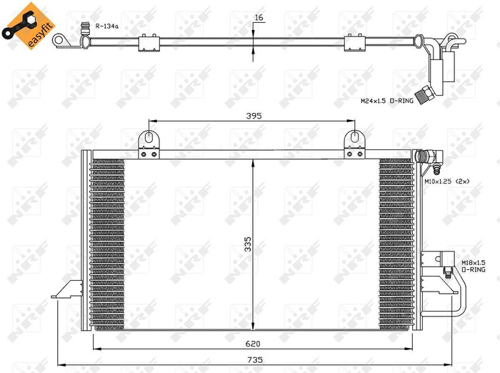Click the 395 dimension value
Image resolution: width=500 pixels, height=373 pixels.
(254, 115)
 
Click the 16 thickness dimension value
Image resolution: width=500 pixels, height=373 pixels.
(259, 17)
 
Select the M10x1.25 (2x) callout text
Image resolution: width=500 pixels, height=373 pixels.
(448, 182)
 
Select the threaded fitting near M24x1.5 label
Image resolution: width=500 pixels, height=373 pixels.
(426, 94)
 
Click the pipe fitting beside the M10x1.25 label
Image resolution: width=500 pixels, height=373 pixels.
(433, 156)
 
